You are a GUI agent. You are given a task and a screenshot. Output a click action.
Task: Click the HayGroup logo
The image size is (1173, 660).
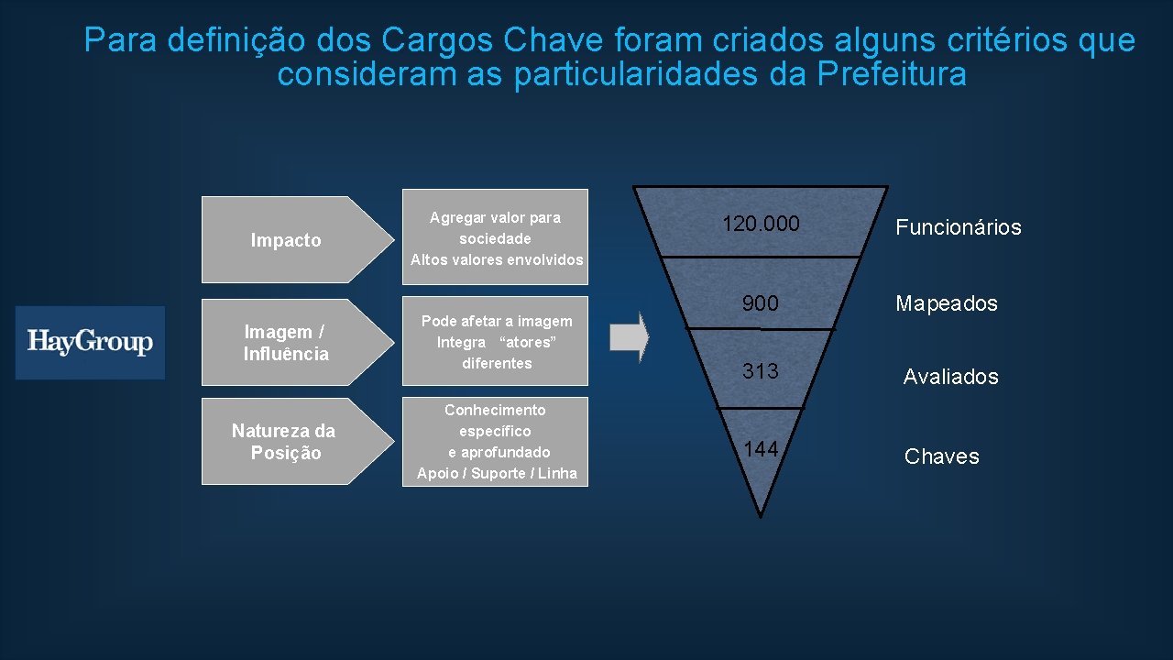[x=90, y=342]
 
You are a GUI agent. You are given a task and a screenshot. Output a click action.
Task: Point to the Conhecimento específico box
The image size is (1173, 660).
[x=496, y=441]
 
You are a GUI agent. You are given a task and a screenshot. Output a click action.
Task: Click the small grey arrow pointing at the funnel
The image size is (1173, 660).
[x=630, y=337]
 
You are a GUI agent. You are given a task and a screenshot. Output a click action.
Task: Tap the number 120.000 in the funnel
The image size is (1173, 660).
[x=761, y=224]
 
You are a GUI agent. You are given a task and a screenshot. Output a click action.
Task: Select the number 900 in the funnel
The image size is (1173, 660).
[x=760, y=303]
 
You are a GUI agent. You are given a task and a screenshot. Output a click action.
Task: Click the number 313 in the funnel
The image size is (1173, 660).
[x=761, y=371]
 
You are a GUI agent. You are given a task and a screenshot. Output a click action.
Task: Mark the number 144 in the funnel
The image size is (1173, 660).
[x=761, y=448]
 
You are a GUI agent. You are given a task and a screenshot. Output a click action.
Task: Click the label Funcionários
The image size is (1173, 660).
[x=958, y=227]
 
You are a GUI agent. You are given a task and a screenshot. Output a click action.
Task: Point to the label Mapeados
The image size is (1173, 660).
[x=946, y=303]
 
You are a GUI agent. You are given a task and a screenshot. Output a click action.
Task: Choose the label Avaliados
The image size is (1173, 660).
[x=950, y=377]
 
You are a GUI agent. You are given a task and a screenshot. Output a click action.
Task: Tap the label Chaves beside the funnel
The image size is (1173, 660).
[x=941, y=456]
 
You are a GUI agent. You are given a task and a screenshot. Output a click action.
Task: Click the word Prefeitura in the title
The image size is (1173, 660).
[x=891, y=74]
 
